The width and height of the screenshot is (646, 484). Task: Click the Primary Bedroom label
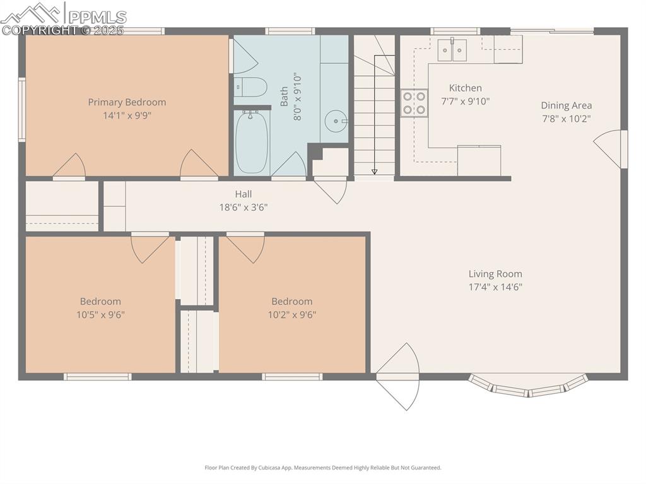pyautogui.click(x=127, y=102)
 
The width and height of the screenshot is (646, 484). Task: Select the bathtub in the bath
pyautogui.click(x=252, y=141)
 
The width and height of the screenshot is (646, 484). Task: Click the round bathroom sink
pyautogui.click(x=335, y=120)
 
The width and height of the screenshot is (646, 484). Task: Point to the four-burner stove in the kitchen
pyautogui.click(x=414, y=103)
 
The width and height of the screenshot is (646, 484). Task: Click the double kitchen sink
pyautogui.click(x=452, y=50)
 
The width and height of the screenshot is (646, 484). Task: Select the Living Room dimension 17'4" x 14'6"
pyautogui.click(x=495, y=287)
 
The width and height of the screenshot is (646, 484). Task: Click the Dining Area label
pyautogui.click(x=566, y=105)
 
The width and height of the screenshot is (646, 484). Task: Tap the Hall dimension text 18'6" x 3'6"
pyautogui.click(x=243, y=207)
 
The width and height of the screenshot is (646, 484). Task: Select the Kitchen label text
pyautogui.click(x=465, y=88)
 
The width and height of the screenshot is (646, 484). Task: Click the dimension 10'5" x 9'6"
pyautogui.click(x=100, y=314)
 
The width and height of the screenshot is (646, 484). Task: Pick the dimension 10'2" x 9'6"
pyautogui.click(x=291, y=314)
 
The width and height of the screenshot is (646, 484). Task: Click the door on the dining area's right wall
pyautogui.click(x=610, y=149)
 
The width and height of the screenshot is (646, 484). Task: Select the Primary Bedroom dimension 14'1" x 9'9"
pyautogui.click(x=127, y=115)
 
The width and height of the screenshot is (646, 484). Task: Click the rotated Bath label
pyautogui.click(x=285, y=97)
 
